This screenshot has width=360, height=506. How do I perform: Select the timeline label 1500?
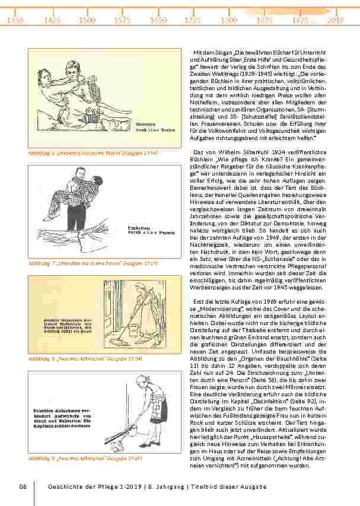(x=87, y=20)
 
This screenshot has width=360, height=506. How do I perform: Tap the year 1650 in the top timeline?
(x=158, y=20)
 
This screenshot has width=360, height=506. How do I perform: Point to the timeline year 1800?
(x=229, y=20)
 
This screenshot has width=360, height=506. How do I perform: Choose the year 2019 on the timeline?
(x=336, y=20)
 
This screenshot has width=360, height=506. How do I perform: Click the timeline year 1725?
(x=193, y=20)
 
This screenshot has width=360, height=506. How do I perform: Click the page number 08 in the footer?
(x=23, y=487)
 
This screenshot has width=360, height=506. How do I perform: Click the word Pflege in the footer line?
(x=112, y=487)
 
